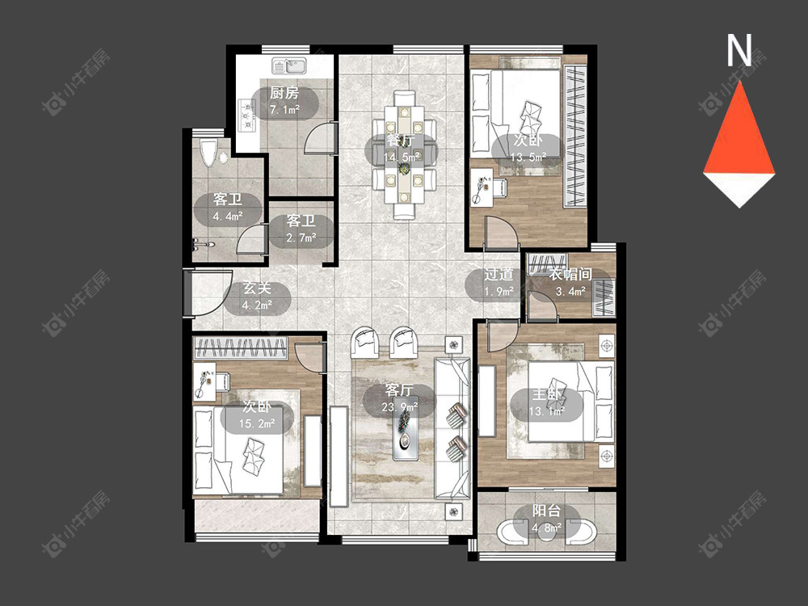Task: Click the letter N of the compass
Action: coord(739,50)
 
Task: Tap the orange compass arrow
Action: coord(739,128)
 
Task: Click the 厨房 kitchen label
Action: coord(284,93)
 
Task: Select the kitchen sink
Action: coord(289,66)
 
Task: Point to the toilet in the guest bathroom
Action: coord(208,153)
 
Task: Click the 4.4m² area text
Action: coord(229,217)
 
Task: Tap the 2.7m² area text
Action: coord(301,238)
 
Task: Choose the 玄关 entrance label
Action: coord(257,288)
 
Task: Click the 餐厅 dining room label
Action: coord(401,139)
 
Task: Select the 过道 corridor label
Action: coord(499,274)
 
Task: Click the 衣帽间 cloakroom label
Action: coord(570,274)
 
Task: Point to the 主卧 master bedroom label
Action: coord(546,394)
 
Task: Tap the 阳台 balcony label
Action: coord(546,511)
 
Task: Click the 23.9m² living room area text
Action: coord(399,407)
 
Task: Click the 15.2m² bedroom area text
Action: coord(257,424)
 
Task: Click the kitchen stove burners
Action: coord(246,116)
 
